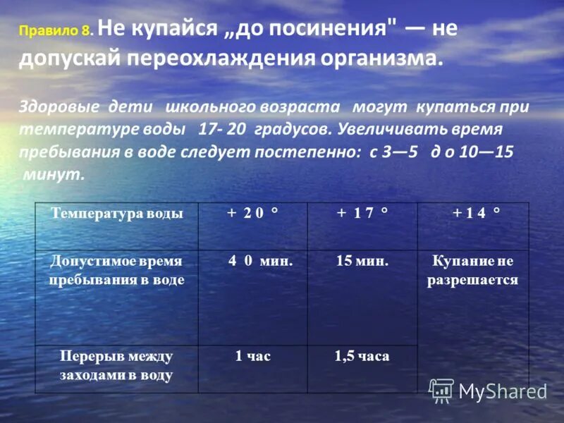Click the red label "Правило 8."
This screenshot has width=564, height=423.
click(x=56, y=32)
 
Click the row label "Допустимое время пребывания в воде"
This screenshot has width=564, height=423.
click(x=116, y=270)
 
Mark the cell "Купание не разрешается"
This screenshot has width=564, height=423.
click(x=472, y=270)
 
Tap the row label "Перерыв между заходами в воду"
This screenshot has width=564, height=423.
click(x=116, y=365)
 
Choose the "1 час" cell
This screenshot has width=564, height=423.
click(x=252, y=357)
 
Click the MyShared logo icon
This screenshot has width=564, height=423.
click(x=441, y=391)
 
